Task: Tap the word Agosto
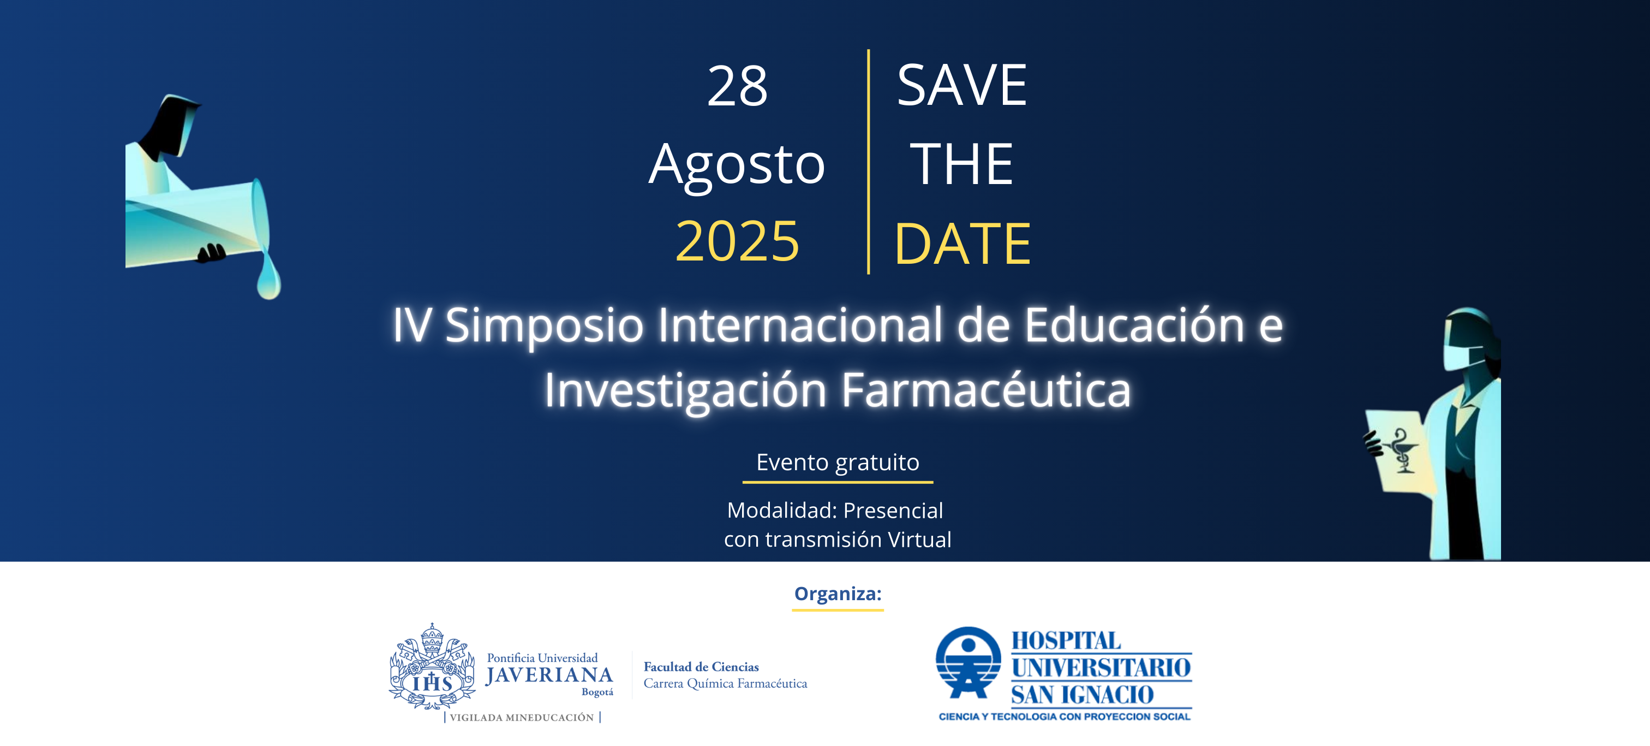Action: point(737,165)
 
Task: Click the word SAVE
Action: point(962,85)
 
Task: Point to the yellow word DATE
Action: point(962,244)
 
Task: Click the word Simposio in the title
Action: point(544,326)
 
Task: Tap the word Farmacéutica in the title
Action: point(986,390)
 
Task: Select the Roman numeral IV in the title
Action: point(412,325)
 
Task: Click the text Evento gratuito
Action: point(838,463)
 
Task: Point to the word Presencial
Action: point(893,510)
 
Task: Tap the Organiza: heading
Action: point(838,594)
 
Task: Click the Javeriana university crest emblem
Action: point(432,666)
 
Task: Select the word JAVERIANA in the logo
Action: point(549,675)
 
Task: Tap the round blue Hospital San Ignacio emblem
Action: point(968,662)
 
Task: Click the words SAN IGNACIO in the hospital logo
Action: point(1082,695)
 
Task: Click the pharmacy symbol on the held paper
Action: point(1400,451)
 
